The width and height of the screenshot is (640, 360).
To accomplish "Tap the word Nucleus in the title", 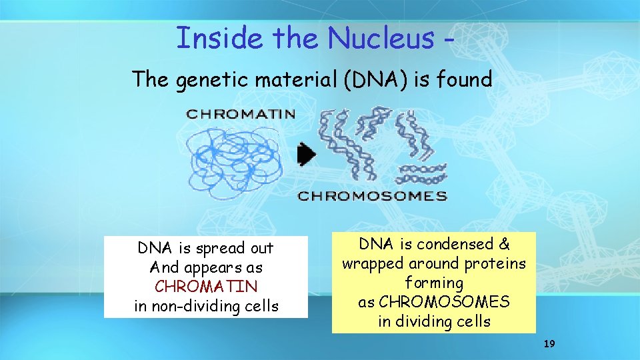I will pyautogui.click(x=379, y=38).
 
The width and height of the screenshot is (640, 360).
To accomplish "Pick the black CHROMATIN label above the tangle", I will pyautogui.click(x=241, y=113).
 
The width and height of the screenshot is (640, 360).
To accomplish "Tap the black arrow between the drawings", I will pyautogui.click(x=306, y=155).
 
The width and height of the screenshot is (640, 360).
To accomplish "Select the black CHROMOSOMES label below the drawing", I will pyautogui.click(x=372, y=196).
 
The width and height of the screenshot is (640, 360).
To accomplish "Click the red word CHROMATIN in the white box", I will pyautogui.click(x=206, y=287).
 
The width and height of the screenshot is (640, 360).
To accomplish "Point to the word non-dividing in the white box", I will pyautogui.click(x=190, y=306).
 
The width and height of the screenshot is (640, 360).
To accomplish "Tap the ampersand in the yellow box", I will pyautogui.click(x=505, y=244).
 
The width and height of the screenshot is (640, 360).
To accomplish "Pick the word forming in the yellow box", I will pyautogui.click(x=434, y=283).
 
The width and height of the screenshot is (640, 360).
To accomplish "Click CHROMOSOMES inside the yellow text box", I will pyautogui.click(x=443, y=302).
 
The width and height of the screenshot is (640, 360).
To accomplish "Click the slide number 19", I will pyautogui.click(x=549, y=344).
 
